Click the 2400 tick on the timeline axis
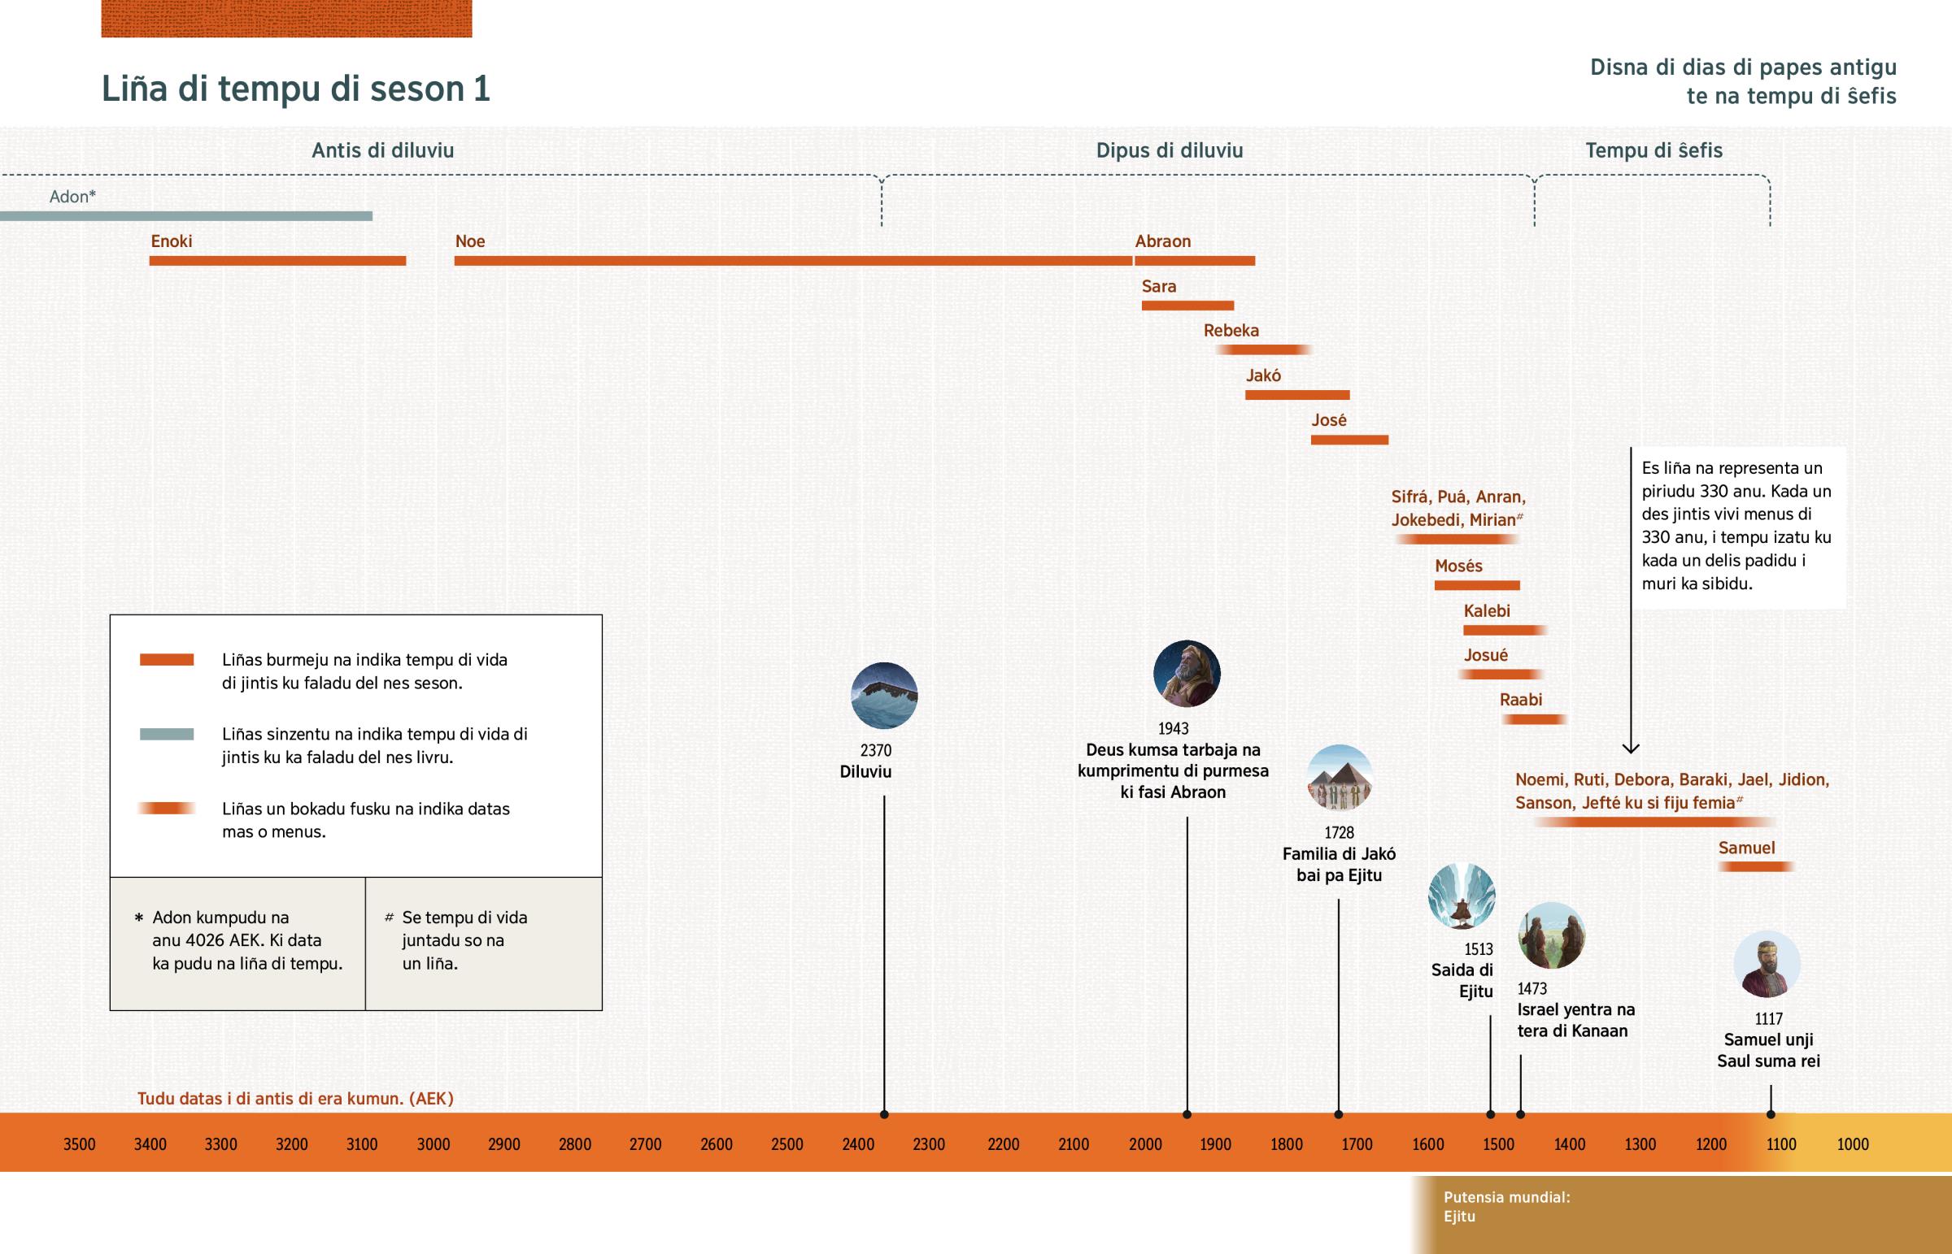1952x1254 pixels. tap(858, 1144)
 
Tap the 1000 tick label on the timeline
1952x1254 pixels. tap(1853, 1144)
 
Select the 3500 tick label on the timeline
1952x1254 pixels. tap(79, 1144)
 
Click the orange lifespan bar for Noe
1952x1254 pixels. tap(793, 261)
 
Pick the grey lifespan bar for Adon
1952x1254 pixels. tap(185, 216)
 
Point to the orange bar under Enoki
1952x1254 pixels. tap(277, 261)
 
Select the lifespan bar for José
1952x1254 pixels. tap(1349, 440)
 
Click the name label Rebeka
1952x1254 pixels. tap(1231, 331)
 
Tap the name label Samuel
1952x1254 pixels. tap(1746, 848)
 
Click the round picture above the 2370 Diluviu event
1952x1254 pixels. tap(884, 696)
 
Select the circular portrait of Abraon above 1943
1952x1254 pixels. tap(1186, 674)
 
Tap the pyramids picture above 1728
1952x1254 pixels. tap(1340, 778)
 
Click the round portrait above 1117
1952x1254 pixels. tap(1767, 964)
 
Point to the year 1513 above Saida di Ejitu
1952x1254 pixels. tap(1478, 948)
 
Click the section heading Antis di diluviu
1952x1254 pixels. tap(383, 150)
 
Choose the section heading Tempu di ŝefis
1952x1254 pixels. tap(1653, 150)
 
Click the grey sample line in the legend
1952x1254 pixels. tap(166, 734)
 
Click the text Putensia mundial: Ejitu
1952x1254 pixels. tap(1505, 1207)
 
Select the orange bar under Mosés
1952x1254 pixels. tap(1476, 585)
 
